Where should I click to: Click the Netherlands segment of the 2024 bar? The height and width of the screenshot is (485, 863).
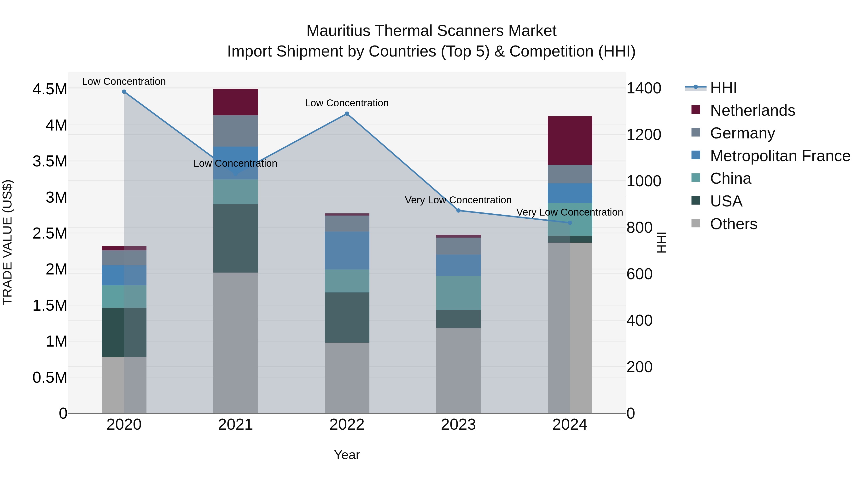point(570,140)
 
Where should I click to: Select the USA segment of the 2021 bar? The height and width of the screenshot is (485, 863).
point(235,238)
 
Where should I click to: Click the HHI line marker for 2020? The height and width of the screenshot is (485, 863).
point(124,91)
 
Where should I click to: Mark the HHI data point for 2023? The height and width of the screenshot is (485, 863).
point(458,211)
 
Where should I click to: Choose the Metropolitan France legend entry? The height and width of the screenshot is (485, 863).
point(780,156)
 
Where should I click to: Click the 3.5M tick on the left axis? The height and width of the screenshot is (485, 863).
point(50,161)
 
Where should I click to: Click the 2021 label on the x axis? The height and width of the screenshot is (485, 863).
point(235,425)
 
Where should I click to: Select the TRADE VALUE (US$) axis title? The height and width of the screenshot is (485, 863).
point(7,242)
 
